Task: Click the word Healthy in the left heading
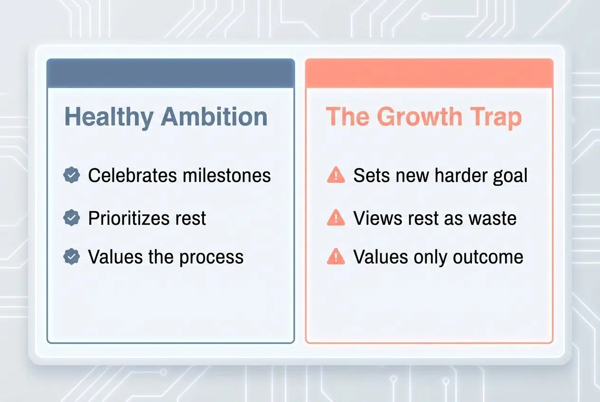point(109,117)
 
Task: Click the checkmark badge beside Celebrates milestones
point(72,175)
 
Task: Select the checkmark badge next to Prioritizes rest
point(72,218)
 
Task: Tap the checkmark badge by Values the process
point(72,256)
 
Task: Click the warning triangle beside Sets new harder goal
point(336,175)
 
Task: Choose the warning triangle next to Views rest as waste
point(336,218)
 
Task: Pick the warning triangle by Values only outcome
point(336,256)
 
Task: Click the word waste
point(493,218)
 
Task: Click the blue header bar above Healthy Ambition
point(170,73)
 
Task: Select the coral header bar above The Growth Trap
point(429,73)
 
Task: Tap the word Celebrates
point(131,175)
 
